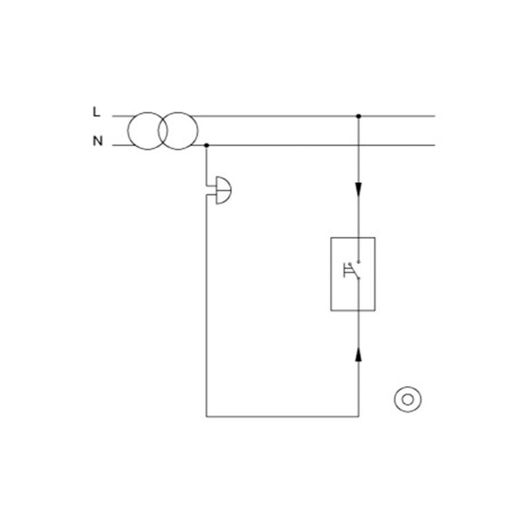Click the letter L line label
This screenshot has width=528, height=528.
pyautogui.click(x=96, y=112)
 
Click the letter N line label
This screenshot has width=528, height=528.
pyautogui.click(x=98, y=141)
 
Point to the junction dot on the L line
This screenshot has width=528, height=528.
pyautogui.click(x=358, y=116)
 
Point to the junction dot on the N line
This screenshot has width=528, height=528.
pyautogui.click(x=207, y=145)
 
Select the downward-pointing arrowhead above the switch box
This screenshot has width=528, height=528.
pyautogui.click(x=358, y=189)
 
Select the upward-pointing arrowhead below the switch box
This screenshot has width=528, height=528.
pyautogui.click(x=358, y=355)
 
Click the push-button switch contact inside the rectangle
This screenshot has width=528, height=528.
pyautogui.click(x=352, y=270)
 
